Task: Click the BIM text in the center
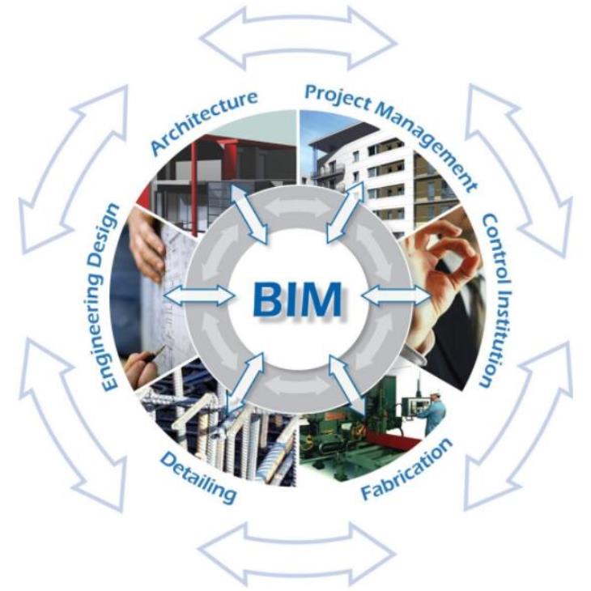pos(298,299)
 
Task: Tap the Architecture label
pos(204,121)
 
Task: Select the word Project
pos(338,97)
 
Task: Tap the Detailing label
pos(198,478)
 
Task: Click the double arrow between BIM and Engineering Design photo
pos(198,295)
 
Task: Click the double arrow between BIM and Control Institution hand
pos(396,295)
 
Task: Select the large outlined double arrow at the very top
pos(298,38)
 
